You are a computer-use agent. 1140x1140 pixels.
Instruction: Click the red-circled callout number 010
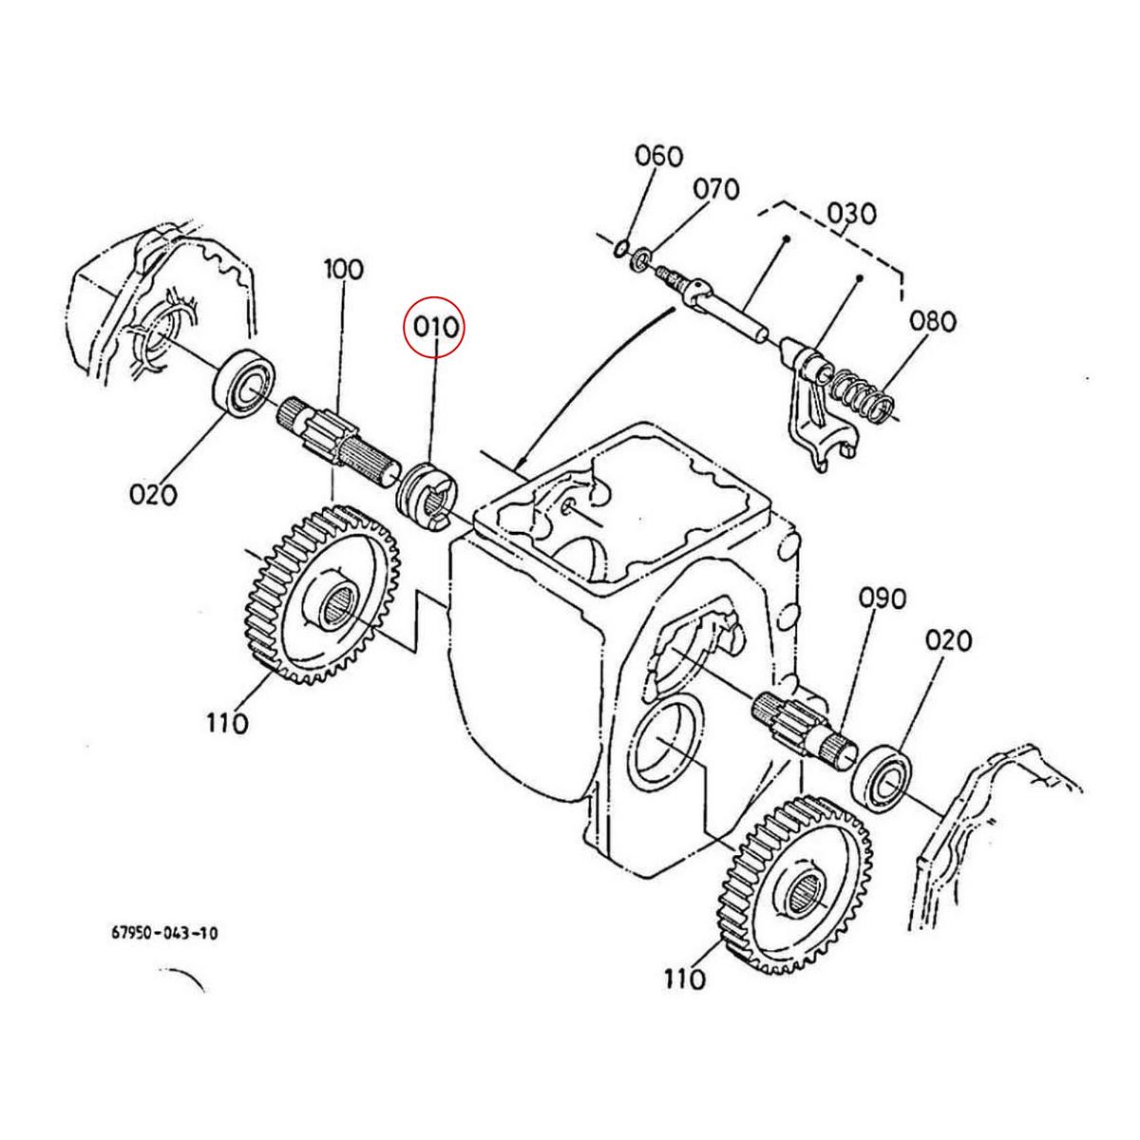tap(435, 327)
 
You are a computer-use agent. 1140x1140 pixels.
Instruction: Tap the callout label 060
tap(660, 155)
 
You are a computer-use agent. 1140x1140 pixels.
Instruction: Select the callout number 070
tap(716, 189)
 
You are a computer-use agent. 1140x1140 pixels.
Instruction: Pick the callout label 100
tap(343, 269)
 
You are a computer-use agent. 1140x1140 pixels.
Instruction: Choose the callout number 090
tap(883, 598)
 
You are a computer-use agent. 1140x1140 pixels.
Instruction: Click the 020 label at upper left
tap(153, 494)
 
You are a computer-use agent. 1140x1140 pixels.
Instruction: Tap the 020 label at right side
tap(949, 641)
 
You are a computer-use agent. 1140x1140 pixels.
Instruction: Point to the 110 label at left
tap(226, 723)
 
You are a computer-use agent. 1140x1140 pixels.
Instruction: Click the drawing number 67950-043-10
tap(164, 933)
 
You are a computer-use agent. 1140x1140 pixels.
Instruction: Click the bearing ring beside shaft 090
tap(883, 772)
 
